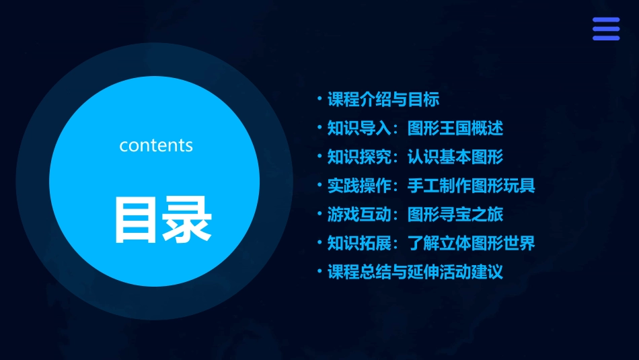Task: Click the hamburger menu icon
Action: pos(606,29)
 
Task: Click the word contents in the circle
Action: pos(156,145)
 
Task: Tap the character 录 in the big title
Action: pos(187,219)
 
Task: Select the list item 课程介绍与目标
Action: pos(383,100)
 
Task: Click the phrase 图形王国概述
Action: pos(455,129)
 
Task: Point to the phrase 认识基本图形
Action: pos(455,157)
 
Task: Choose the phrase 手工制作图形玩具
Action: pos(471,186)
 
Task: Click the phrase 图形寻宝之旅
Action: pos(455,215)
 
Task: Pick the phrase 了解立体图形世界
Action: pos(471,243)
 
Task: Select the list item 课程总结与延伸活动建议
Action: pos(415,272)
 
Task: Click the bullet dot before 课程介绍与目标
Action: pos(319,100)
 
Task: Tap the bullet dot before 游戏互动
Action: pos(319,215)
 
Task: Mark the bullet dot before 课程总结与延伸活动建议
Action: pos(319,272)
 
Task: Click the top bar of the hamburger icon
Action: pos(606,20)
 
